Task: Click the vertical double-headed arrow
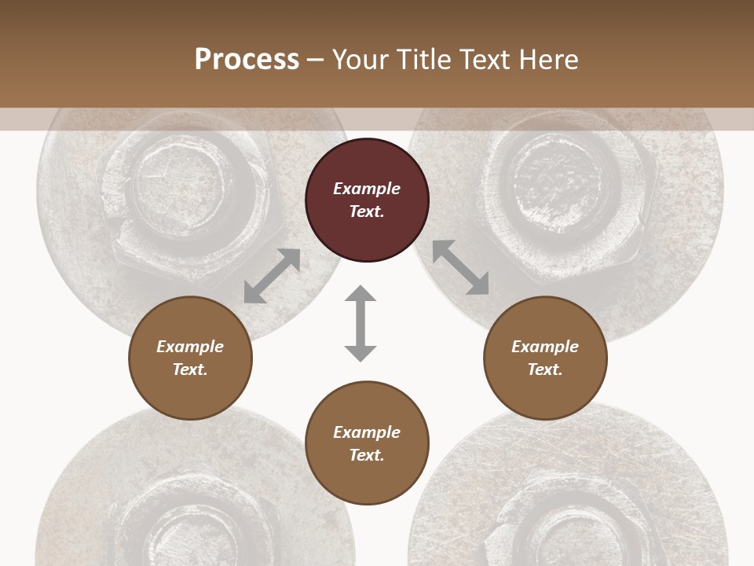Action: click(x=361, y=324)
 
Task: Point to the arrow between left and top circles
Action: click(x=272, y=276)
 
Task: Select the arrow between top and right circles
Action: click(x=461, y=267)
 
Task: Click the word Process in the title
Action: click(x=247, y=60)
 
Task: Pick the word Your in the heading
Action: click(x=361, y=60)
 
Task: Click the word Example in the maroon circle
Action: click(x=367, y=189)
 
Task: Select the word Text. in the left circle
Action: click(x=190, y=369)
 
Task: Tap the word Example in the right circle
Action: click(x=545, y=347)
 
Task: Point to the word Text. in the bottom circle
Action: click(x=367, y=455)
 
